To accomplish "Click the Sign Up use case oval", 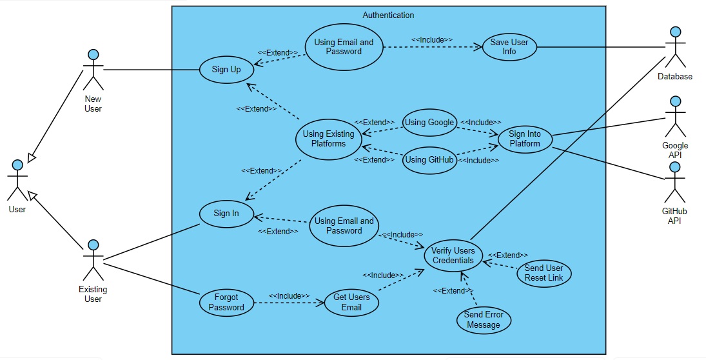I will pos(227,69).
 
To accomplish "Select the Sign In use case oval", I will pos(226,214).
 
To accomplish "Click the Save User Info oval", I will pos(509,47).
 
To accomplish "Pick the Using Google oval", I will pos(429,122).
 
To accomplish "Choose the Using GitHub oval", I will pos(429,159).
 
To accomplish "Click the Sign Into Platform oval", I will pos(525,139).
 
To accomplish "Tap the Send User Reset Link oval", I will pos(544,272).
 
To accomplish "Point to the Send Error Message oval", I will pos(484,320).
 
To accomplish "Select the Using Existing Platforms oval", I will pos(328,139).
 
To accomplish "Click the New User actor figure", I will pos(93,69).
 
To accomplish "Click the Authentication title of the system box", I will pos(388,15).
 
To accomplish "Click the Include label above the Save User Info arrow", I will pos(432,40).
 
